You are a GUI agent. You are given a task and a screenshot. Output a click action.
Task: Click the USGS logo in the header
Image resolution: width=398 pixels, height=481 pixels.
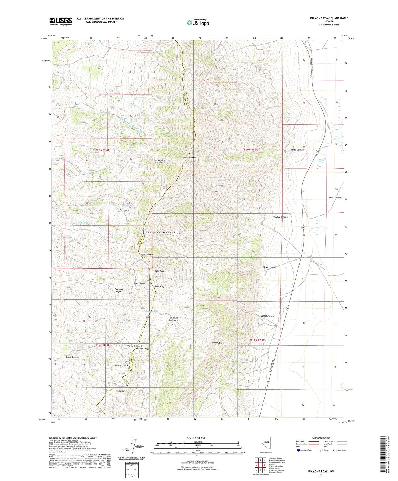point(60,21)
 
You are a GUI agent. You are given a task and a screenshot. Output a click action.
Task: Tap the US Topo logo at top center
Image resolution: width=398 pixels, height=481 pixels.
point(198,23)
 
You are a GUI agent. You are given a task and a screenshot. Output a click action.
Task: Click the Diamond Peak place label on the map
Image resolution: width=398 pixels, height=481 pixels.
point(190,158)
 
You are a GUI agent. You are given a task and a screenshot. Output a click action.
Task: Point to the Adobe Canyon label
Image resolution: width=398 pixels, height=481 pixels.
point(297,150)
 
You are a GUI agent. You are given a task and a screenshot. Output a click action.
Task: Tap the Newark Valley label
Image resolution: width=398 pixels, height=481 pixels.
point(335,198)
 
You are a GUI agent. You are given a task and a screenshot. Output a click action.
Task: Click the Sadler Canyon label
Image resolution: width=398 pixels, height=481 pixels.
point(281,217)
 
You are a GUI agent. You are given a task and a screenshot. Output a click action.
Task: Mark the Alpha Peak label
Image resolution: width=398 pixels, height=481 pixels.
point(159,271)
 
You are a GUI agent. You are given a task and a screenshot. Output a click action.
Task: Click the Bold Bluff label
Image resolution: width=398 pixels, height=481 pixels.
point(159,287)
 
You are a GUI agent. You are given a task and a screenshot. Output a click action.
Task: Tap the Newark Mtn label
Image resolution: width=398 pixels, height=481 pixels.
point(216,343)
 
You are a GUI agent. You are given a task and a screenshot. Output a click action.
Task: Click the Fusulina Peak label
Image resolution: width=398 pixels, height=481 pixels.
point(122,366)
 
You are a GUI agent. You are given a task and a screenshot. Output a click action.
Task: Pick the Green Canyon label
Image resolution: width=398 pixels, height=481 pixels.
point(72,357)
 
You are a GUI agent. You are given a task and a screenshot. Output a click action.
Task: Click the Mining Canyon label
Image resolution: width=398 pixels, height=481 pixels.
point(267,316)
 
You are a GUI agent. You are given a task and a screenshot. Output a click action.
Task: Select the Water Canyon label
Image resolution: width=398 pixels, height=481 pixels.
point(269,267)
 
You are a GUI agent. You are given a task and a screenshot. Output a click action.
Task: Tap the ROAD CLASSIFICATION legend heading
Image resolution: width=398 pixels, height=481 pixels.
point(321,438)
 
